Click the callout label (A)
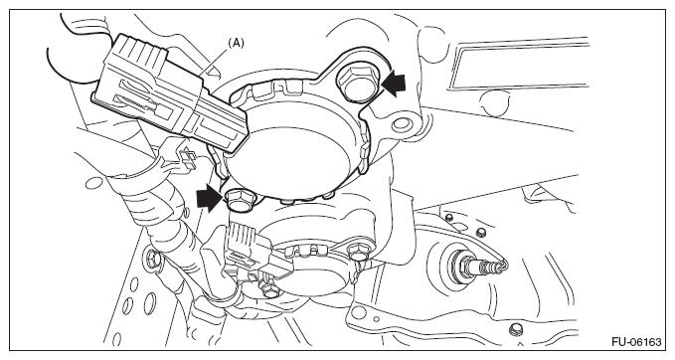tap(236, 43)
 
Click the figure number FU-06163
tap(636, 342)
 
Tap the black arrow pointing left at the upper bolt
tap(393, 83)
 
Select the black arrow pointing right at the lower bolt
tap(210, 199)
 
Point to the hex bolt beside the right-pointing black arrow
tap(239, 201)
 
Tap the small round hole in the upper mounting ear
tap(402, 124)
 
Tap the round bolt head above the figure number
tap(514, 328)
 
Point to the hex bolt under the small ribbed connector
tap(268, 290)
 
